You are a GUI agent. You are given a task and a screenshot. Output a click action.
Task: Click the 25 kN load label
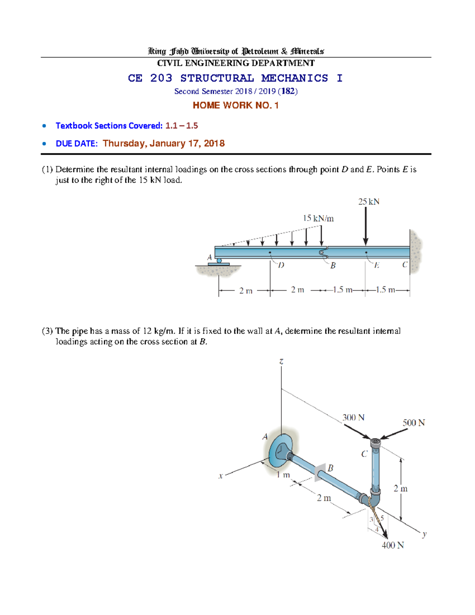(369, 202)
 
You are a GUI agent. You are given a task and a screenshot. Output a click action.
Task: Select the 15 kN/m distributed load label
(318, 218)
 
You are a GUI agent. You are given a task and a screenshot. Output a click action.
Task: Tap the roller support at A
(219, 261)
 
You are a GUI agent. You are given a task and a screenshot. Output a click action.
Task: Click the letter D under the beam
(281, 265)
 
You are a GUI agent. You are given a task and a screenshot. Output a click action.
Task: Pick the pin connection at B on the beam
(322, 252)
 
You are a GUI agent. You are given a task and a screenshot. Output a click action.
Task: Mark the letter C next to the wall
(405, 265)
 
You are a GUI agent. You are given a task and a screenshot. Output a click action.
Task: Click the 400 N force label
(392, 545)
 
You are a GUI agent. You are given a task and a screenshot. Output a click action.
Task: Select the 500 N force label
(413, 423)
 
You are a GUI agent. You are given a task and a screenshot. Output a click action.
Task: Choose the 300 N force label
(353, 417)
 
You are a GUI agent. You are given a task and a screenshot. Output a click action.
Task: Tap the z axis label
(281, 361)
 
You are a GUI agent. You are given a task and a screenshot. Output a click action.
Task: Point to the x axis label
(220, 476)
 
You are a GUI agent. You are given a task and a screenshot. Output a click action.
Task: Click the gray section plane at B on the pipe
(320, 472)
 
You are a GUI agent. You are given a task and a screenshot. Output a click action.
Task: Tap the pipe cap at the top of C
(375, 441)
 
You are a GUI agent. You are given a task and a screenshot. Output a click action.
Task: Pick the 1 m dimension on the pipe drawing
(283, 474)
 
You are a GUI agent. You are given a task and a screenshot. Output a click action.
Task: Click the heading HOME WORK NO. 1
(236, 105)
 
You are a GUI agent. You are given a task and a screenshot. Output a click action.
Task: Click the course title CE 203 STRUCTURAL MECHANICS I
(235, 78)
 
